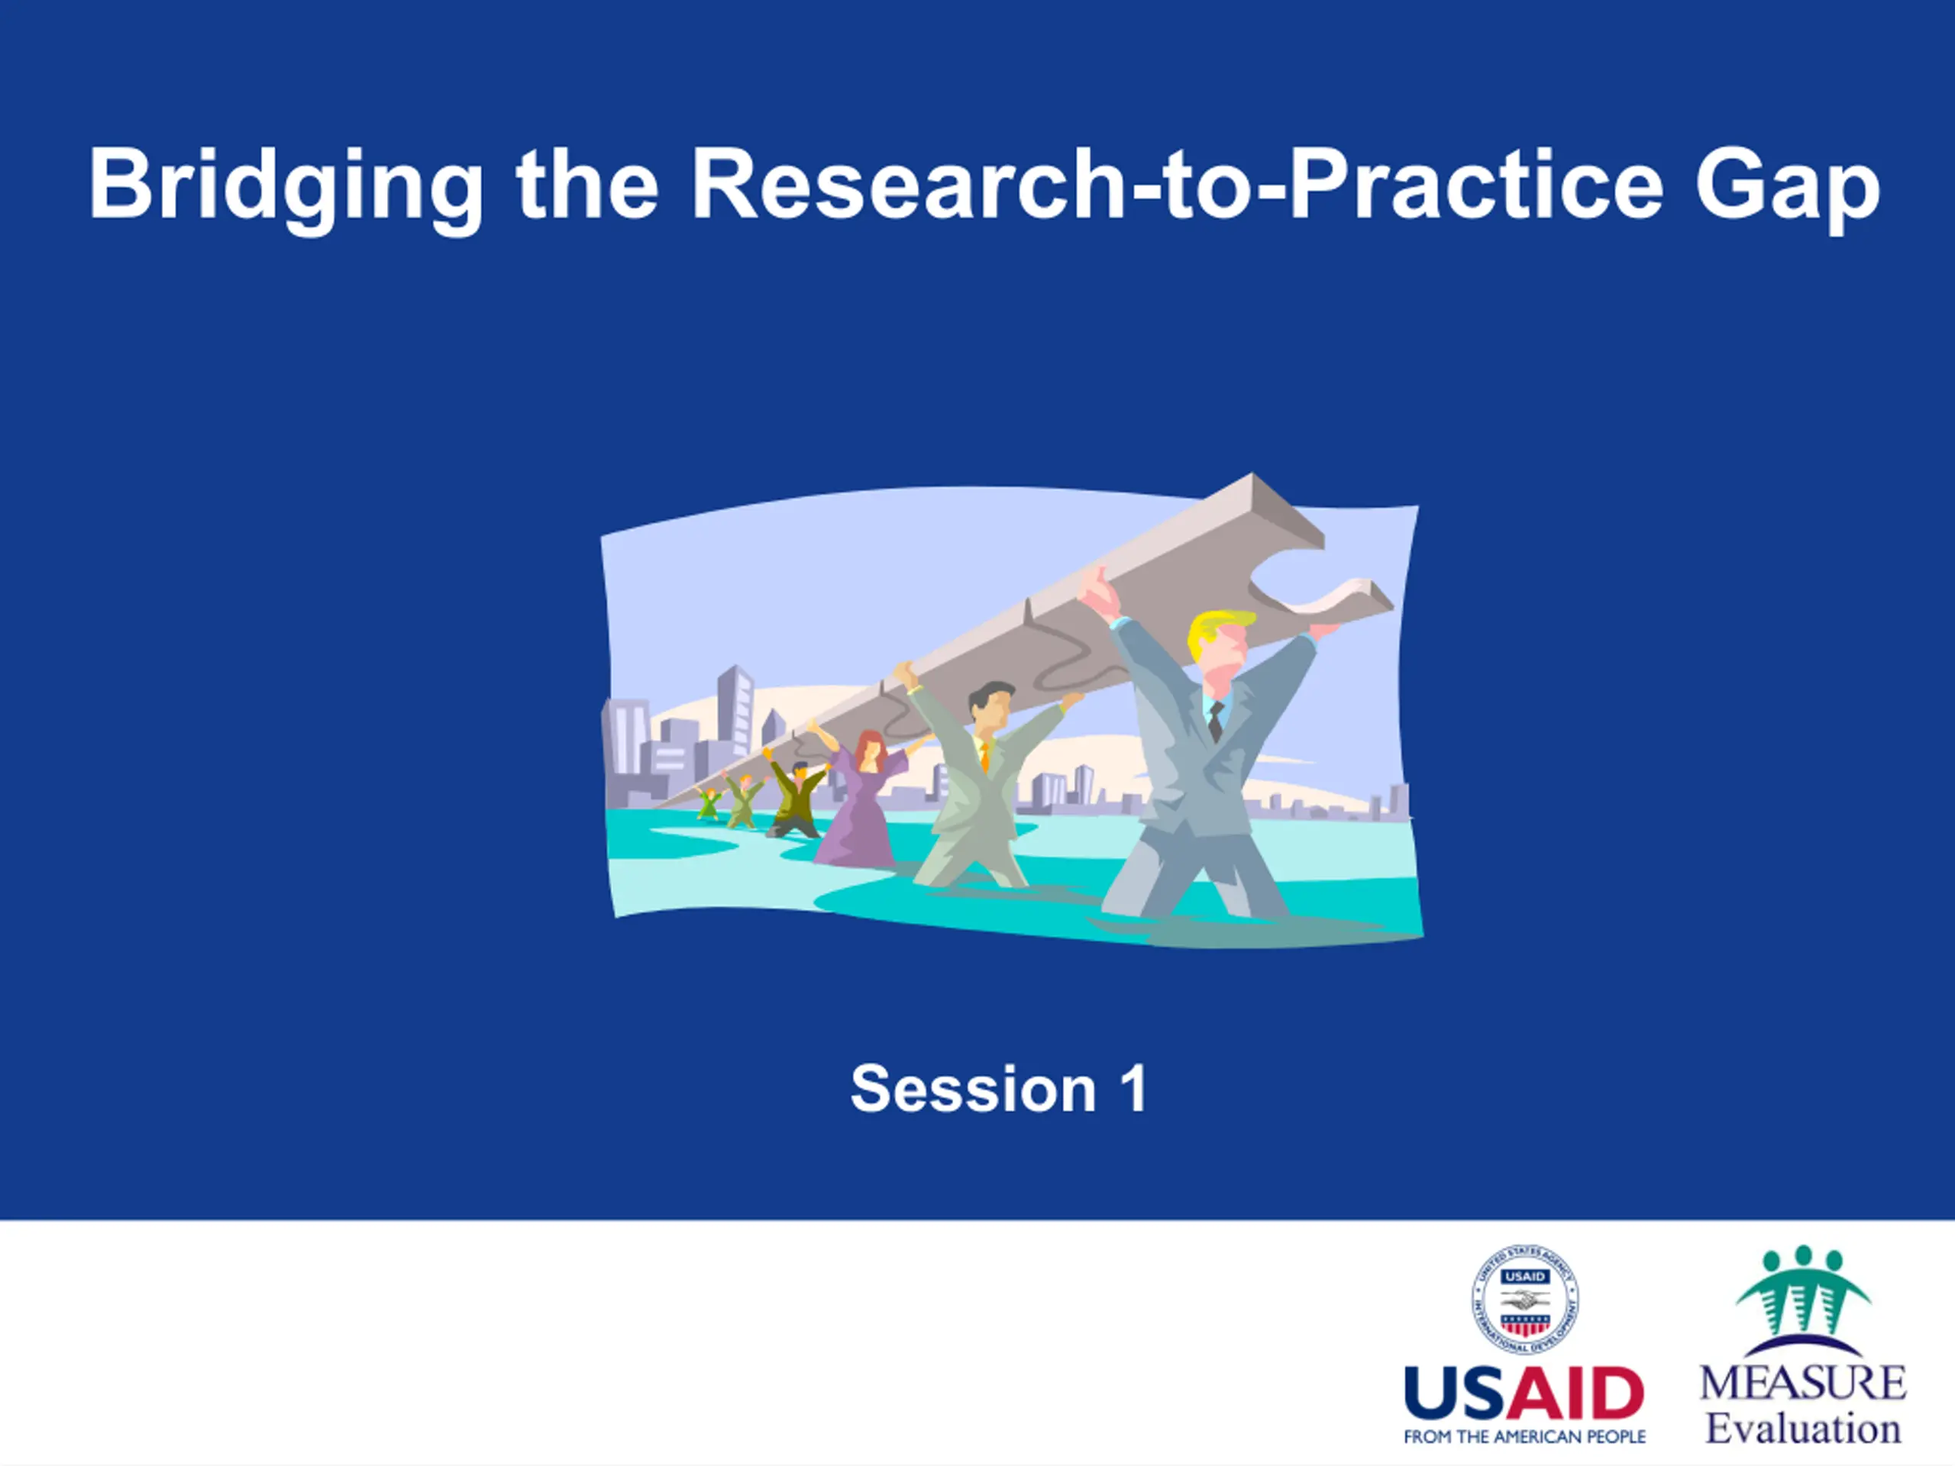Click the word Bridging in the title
click(286, 187)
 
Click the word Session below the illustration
click(973, 1089)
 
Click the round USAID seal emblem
click(1526, 1299)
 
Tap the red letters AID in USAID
click(1574, 1393)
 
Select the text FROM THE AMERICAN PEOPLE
click(1524, 1437)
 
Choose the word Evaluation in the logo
click(1803, 1429)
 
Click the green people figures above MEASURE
click(1803, 1290)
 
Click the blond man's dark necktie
click(1216, 721)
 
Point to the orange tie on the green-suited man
click(984, 756)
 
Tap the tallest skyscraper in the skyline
click(735, 712)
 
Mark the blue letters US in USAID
click(1454, 1393)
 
